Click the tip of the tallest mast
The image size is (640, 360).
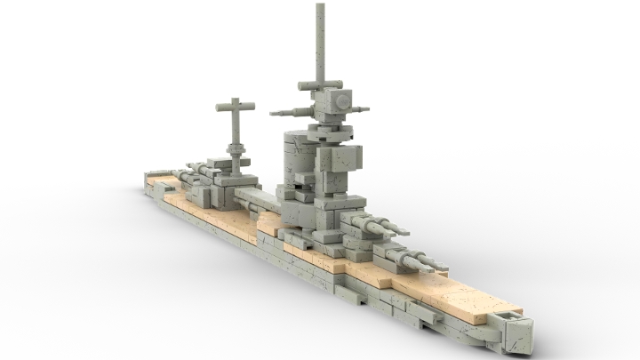319,7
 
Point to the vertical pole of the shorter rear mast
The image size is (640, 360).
235,129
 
